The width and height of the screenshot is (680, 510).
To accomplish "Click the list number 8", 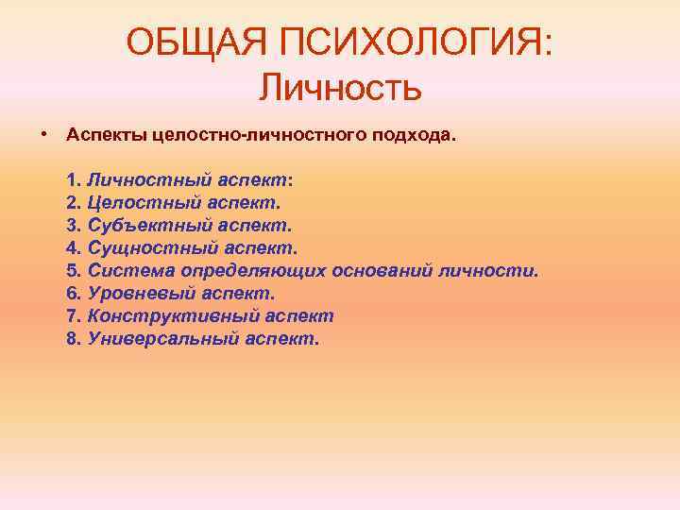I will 75,338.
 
